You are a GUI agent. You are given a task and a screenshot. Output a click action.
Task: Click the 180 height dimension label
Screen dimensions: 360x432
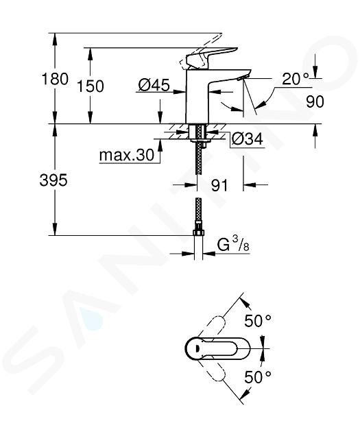(x=55, y=79)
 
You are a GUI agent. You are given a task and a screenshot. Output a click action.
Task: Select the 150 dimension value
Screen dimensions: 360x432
(x=91, y=86)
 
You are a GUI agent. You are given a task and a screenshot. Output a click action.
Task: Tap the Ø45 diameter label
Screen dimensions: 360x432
(x=154, y=85)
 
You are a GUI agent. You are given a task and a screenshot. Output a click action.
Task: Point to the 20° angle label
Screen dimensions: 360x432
(x=296, y=79)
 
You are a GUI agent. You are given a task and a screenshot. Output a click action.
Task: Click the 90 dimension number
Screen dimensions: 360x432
(x=315, y=101)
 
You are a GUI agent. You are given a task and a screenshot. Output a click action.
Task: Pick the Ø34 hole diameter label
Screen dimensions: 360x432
(x=247, y=139)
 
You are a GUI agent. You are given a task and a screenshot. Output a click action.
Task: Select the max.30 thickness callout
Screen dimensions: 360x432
(x=127, y=156)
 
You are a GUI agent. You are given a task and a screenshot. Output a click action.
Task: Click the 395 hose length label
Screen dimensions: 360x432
(x=53, y=181)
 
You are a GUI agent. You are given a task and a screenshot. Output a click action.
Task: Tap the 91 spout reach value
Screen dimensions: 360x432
(x=219, y=185)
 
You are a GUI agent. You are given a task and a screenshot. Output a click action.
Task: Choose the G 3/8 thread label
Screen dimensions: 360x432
(x=233, y=245)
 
